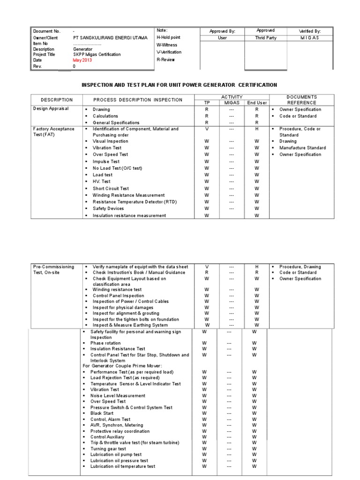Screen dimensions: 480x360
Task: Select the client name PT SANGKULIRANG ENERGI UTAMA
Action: click(110, 37)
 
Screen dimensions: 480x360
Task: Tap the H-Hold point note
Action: click(168, 37)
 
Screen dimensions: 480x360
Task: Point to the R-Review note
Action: click(165, 60)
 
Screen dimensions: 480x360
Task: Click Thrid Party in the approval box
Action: click(266, 38)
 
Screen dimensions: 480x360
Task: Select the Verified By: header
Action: click(310, 31)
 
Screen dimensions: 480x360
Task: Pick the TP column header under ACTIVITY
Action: click(207, 103)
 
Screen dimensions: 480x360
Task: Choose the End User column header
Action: click(257, 103)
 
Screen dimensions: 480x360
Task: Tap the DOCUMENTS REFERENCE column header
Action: click(302, 100)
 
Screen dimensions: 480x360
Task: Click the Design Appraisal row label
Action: click(51, 108)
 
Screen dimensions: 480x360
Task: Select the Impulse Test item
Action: click(106, 161)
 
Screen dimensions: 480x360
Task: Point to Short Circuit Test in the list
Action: click(111, 188)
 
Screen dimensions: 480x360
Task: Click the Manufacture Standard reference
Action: click(303, 148)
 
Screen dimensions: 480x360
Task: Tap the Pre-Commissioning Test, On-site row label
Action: click(53, 270)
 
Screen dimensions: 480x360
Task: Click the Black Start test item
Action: click(102, 413)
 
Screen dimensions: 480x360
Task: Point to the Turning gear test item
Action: click(108, 449)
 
